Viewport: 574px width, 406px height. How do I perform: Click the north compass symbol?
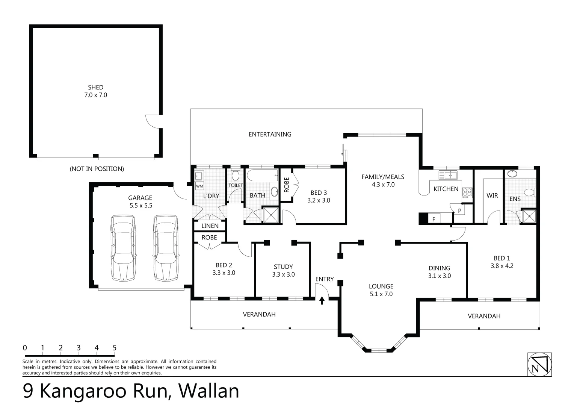click(x=539, y=364)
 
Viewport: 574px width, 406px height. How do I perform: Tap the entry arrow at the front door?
click(x=322, y=300)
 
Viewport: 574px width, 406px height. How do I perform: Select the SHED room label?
click(x=95, y=88)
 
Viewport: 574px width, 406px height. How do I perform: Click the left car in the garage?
click(x=123, y=248)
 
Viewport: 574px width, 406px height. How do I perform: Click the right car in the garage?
click(x=166, y=248)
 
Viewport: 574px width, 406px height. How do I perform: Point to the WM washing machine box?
click(x=199, y=186)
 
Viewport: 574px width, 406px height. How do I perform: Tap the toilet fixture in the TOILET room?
click(x=236, y=176)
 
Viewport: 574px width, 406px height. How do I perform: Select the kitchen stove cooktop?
click(x=467, y=192)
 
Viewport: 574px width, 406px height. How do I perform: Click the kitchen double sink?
click(x=447, y=175)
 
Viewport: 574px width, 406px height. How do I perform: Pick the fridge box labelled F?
click(x=434, y=218)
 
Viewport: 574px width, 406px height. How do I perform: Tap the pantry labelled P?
click(x=459, y=211)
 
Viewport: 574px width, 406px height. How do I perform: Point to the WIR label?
click(x=492, y=195)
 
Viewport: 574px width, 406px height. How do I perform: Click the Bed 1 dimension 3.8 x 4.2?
click(x=502, y=265)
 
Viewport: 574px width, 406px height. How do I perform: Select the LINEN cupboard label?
click(x=210, y=226)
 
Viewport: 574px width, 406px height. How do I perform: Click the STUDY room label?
click(x=283, y=267)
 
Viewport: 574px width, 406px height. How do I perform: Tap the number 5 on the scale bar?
click(x=115, y=348)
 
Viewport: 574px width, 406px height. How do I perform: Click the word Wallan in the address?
click(x=208, y=391)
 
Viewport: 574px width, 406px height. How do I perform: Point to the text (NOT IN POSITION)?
click(x=97, y=169)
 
